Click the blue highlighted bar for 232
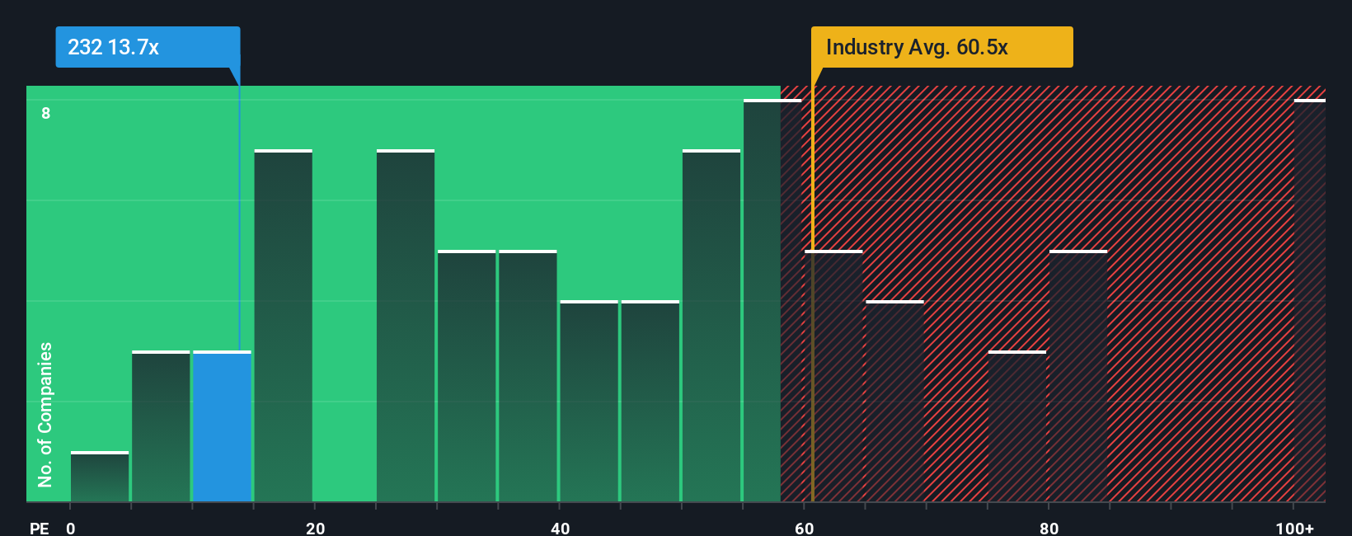coord(222,427)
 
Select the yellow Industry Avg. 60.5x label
coord(941,47)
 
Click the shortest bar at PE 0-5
coord(100,477)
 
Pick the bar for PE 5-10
coord(161,427)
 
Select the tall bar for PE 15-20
coord(283,326)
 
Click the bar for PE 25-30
coord(406,326)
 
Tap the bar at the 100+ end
coord(1309,301)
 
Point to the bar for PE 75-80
coord(1016,427)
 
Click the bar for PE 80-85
coord(1078,376)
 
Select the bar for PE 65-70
coord(894,402)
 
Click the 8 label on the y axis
coord(46,113)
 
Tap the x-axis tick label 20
coord(315,528)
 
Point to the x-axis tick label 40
coord(560,528)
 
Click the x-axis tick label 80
coord(1049,528)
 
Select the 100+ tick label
coord(1294,528)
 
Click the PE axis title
coord(39,528)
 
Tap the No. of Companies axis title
coord(45,414)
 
